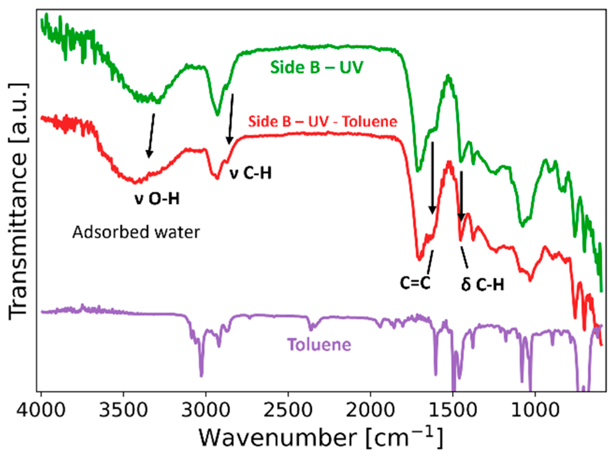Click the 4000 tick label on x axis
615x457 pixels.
click(x=41, y=410)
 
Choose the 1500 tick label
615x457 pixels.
click(x=452, y=410)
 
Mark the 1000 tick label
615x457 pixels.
click(x=535, y=410)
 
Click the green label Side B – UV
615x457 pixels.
click(x=316, y=67)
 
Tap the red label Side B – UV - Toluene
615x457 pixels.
click(x=323, y=122)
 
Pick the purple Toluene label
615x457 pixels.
click(x=319, y=344)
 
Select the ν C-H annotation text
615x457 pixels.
click(x=250, y=173)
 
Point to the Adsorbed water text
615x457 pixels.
click(x=136, y=232)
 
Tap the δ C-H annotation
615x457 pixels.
click(x=482, y=284)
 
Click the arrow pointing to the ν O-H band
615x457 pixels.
click(x=151, y=136)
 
